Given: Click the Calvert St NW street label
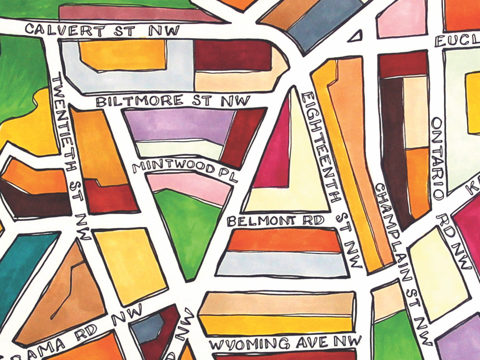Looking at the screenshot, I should [x=102, y=30].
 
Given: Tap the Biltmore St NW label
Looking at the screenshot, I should [x=173, y=101].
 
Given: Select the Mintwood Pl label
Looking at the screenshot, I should [x=185, y=169].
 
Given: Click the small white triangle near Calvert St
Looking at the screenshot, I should [x=356, y=37].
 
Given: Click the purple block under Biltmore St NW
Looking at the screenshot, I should [x=178, y=124].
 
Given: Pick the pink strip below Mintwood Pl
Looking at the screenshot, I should [x=190, y=188].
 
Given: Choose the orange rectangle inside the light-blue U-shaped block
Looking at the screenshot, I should [x=123, y=55].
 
